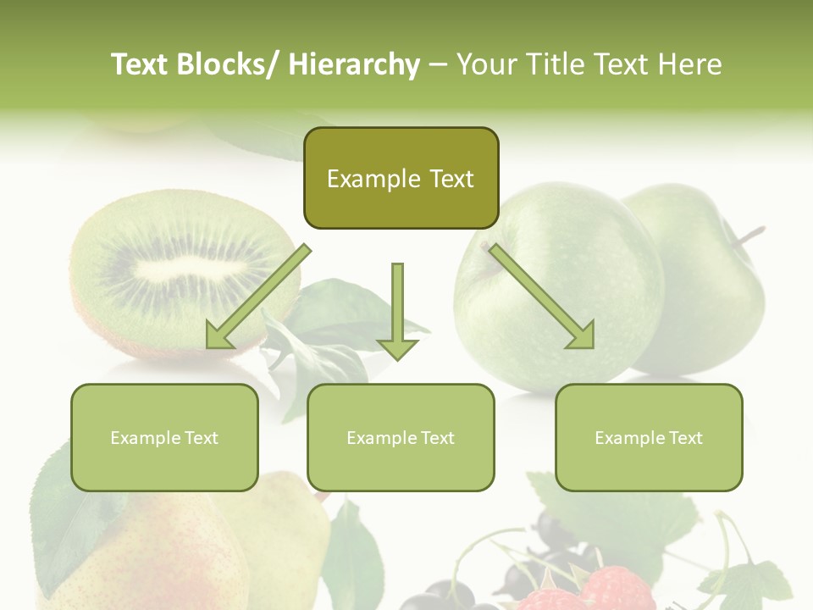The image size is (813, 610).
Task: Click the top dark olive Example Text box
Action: coord(401,178)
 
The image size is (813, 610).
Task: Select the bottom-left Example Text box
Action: coord(164,437)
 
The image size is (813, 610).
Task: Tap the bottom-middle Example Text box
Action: coord(401,437)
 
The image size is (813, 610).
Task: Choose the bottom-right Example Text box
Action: coord(649,437)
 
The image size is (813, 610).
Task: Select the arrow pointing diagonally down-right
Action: coord(542,297)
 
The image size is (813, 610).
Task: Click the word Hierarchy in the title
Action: coord(354,64)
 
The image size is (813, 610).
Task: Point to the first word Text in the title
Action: coord(140,64)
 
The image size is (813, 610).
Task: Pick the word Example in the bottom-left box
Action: coord(144,437)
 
